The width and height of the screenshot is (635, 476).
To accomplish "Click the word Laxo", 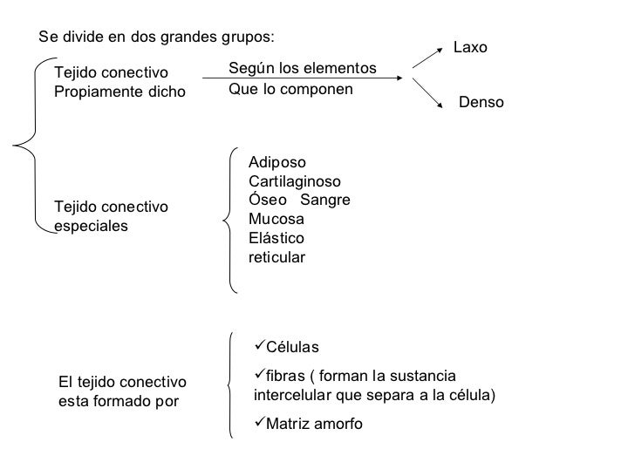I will (471, 48).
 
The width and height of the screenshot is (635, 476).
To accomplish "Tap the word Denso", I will (481, 103).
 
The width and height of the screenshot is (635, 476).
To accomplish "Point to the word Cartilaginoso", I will (295, 181).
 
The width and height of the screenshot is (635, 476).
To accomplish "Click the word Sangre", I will (331, 201).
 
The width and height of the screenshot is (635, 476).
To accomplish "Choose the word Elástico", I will (277, 238).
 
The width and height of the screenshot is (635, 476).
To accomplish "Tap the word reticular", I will (277, 257).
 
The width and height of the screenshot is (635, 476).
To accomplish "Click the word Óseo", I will (267, 201).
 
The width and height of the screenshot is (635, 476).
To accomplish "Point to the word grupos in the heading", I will (248, 37).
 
